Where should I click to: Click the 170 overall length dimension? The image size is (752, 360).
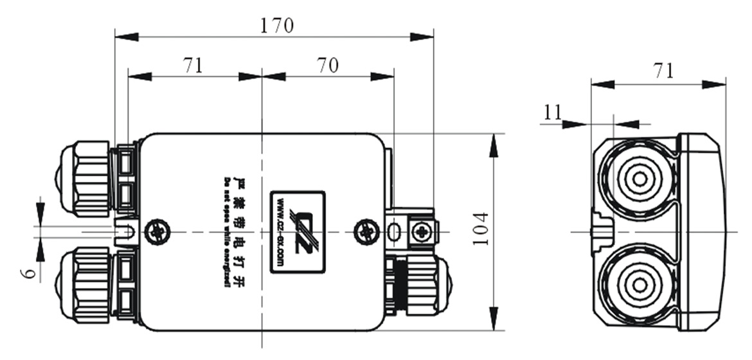point(277,25)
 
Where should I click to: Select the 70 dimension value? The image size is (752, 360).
point(328,65)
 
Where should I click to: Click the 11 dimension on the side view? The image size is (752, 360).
point(552,113)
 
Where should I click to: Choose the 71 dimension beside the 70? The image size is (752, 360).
point(193,65)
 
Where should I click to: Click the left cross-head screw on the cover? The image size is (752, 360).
point(157,231)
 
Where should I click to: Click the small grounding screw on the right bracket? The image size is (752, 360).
point(422,231)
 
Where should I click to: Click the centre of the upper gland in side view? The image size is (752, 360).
point(639,179)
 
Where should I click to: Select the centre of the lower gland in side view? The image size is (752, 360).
point(639,283)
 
